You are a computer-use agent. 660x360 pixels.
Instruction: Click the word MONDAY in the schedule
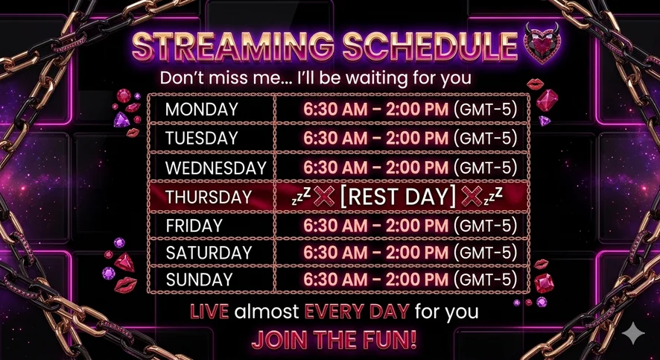coord(202,110)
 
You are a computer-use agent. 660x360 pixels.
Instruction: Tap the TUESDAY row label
coord(202,139)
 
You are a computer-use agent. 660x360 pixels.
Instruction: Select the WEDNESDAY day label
coord(216,168)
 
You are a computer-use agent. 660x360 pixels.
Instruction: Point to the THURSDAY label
coord(209,197)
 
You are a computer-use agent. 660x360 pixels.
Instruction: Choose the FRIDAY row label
coord(194,226)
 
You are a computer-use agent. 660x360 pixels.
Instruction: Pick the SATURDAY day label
coord(209,253)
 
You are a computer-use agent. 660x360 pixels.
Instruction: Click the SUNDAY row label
coord(199,280)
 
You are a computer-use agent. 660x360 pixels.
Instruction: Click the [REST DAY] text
coord(398,197)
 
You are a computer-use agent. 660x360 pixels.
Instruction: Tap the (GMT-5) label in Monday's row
coord(486,110)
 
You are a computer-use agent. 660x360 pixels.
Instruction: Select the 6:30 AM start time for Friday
coord(335,226)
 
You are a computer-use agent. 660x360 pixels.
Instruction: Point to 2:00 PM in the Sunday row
coord(416,280)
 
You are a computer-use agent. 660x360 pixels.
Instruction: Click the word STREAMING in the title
coord(232,45)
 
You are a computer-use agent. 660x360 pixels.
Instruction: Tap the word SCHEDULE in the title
coord(430,45)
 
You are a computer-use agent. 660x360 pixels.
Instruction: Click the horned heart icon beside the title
coord(542,43)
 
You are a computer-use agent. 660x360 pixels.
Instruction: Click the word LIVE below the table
coord(209,312)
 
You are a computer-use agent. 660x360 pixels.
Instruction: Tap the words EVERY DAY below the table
coord(357,312)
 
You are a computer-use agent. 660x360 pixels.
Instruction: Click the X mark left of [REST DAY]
coord(324,196)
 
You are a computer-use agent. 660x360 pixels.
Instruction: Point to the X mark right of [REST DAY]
coord(472,196)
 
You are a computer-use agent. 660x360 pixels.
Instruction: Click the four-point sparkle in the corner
coord(633,334)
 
